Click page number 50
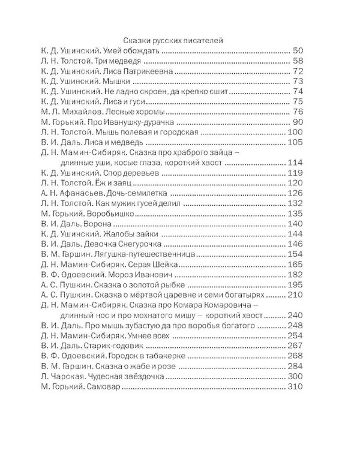[x=298, y=50]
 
